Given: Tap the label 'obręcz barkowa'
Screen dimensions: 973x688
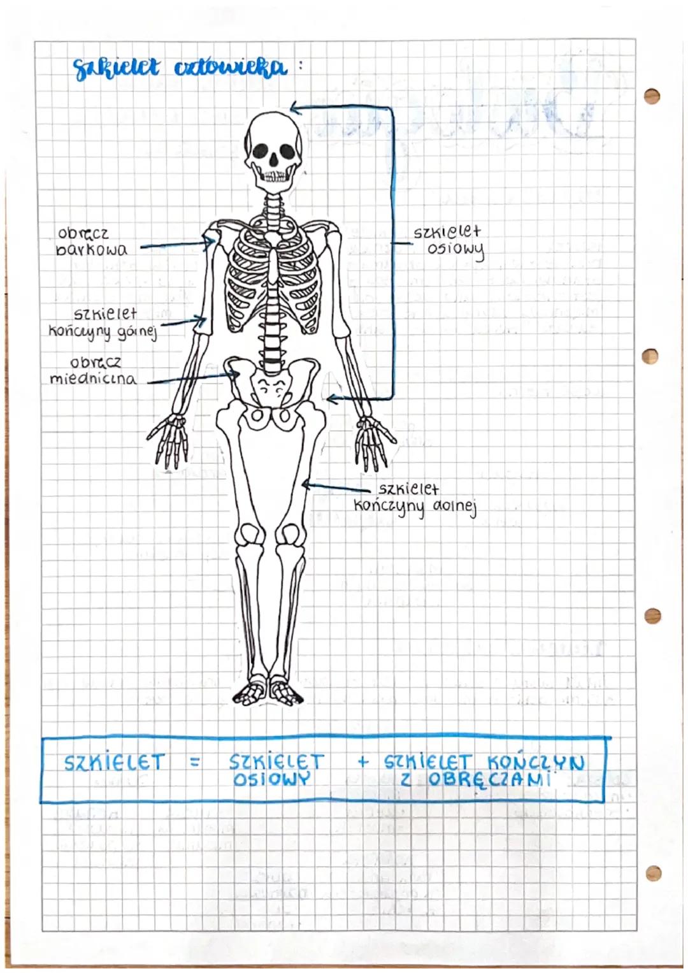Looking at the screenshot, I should coord(91,241).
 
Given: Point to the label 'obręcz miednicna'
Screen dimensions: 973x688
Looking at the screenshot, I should coord(93,371).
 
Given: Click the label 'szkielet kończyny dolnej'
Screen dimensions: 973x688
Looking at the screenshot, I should coord(415,498).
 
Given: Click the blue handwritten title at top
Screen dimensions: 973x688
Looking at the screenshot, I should coord(180,67).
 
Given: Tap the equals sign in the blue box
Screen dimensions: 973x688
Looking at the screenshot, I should coord(195,761).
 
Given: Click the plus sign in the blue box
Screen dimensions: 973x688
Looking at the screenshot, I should coord(363,761).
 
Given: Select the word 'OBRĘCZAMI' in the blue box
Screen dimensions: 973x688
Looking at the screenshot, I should coord(489,779).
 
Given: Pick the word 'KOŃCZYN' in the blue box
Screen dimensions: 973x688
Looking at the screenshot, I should coord(536,762).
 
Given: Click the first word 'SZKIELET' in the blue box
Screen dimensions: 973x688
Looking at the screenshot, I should coord(115,762).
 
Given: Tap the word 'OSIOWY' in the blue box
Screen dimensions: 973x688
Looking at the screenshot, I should coord(272,779).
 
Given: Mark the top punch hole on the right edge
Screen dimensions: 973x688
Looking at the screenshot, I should coord(652,96).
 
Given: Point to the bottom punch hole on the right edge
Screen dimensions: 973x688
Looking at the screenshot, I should coord(653,873).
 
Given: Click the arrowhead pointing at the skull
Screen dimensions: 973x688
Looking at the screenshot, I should coord(295,108).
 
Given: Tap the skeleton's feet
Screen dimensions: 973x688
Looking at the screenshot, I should coord(268,692).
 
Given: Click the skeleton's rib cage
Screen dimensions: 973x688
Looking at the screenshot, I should coord(273,277).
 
